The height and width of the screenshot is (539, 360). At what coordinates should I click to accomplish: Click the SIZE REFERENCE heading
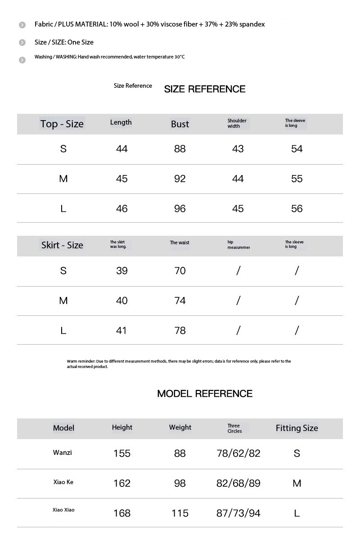point(205,89)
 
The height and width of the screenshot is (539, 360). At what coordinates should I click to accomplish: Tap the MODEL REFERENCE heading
point(205,394)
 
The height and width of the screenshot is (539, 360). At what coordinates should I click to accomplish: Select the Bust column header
point(180,124)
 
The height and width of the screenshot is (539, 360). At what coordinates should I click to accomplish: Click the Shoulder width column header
point(237,123)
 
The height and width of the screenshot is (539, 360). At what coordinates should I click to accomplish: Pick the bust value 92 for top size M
point(180,179)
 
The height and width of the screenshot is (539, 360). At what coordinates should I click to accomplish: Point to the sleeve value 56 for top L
point(297,208)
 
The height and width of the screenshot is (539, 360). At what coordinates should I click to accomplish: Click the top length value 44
point(122,149)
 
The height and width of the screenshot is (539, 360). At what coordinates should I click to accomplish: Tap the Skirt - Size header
point(62,245)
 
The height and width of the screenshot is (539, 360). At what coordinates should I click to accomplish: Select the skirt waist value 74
point(180,301)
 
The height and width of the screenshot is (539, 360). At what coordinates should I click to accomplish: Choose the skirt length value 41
point(122,330)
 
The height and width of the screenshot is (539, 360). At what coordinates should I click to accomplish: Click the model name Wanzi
point(62,453)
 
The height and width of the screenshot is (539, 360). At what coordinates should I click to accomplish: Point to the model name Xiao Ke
point(63,482)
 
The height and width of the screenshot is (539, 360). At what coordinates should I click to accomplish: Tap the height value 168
point(122,513)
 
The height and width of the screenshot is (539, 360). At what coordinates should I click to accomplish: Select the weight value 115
point(180,513)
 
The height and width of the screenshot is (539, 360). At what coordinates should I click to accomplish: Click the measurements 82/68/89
point(238,483)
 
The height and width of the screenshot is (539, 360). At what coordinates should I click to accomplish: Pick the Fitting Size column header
point(297,428)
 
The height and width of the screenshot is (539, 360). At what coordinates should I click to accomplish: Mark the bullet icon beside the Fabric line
point(22,25)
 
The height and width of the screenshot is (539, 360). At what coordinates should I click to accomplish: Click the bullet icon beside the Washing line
point(22,60)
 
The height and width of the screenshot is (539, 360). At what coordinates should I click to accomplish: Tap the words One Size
point(81,42)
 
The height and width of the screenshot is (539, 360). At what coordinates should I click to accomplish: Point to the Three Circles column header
point(234,428)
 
